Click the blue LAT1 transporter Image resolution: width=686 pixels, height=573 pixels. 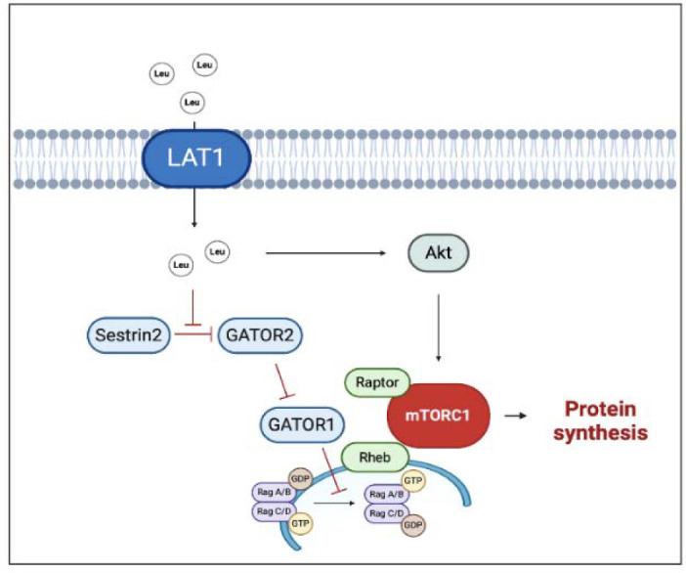[196, 158]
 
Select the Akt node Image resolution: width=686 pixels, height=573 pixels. [439, 252]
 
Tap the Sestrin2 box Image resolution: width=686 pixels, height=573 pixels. [129, 334]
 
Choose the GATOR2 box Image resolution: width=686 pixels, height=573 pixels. [260, 334]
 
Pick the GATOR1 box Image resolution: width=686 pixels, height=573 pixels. [302, 424]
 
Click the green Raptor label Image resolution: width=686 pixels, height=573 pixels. [377, 382]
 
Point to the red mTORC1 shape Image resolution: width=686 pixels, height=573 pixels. [439, 415]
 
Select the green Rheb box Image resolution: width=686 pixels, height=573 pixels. [375, 458]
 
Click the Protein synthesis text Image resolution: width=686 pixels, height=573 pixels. [601, 420]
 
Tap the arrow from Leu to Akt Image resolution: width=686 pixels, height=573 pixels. [326, 252]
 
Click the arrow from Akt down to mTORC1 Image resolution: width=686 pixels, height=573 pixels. [439, 328]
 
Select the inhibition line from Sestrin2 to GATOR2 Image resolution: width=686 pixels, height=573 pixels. [193, 334]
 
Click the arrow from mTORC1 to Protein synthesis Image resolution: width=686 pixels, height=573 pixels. [515, 416]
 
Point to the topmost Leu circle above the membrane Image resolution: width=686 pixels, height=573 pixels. [205, 65]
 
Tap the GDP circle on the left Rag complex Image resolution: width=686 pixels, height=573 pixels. [300, 479]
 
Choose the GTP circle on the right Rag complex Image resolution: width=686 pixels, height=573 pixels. [412, 481]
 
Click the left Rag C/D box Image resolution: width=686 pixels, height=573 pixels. [274, 510]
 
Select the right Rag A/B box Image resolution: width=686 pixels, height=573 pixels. [387, 494]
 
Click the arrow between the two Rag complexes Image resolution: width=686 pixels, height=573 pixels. [334, 503]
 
